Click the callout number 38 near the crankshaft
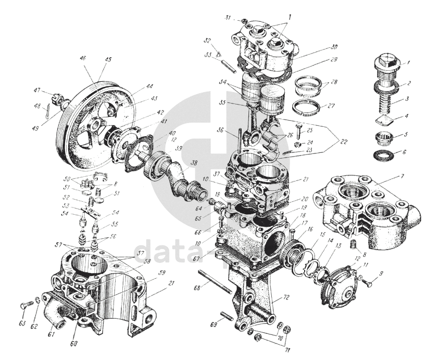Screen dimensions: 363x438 (193, 163)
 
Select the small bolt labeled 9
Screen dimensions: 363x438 (368, 284)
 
